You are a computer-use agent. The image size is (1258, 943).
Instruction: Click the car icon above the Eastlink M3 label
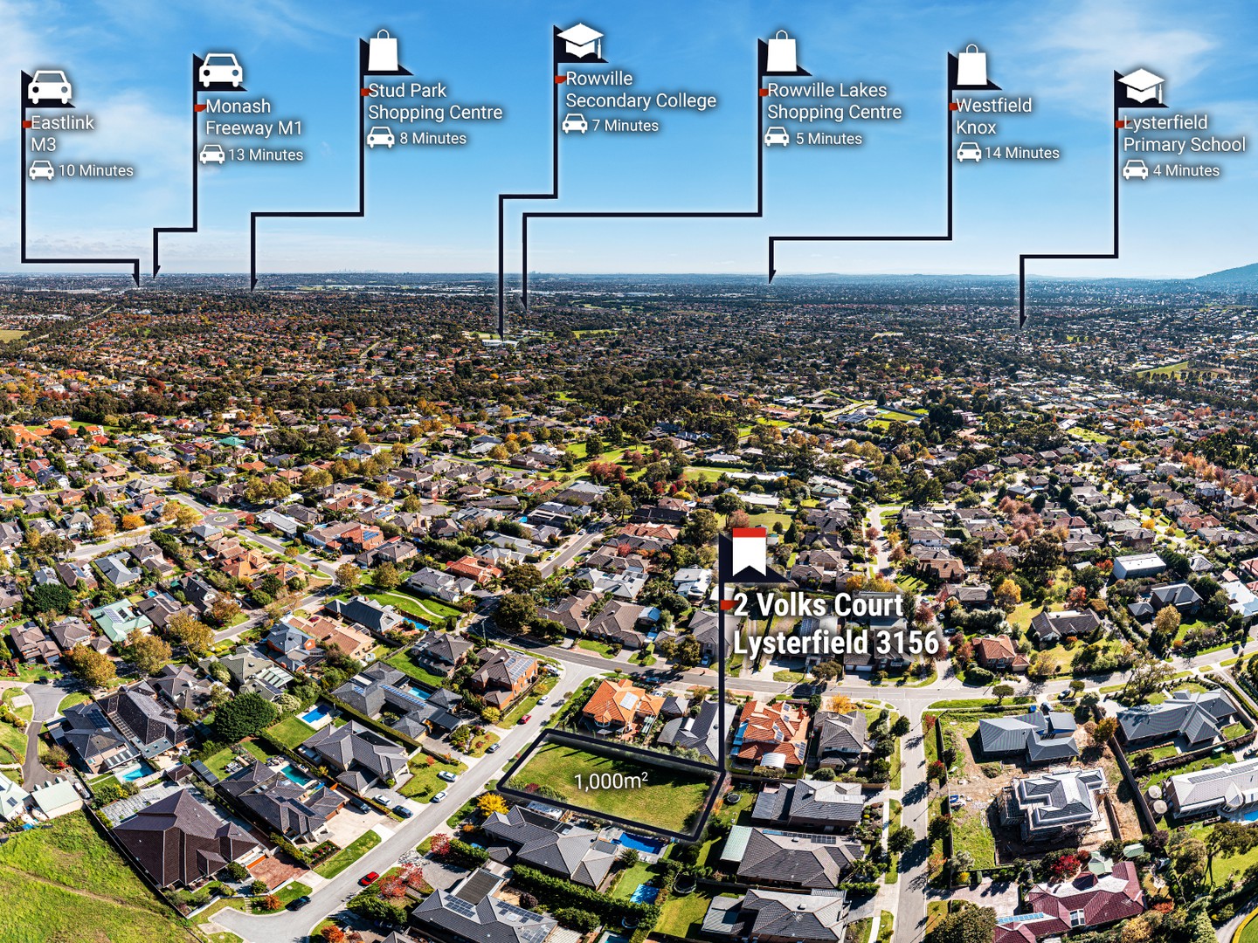click(50, 87)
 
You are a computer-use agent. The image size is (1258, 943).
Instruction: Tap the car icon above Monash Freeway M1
click(221, 70)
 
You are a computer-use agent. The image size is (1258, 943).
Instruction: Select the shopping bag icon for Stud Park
click(384, 51)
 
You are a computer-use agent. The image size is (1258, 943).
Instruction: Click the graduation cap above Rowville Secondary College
click(580, 41)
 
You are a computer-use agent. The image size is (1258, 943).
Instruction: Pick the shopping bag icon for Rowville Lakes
click(782, 52)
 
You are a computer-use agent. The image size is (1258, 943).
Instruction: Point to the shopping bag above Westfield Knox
click(972, 65)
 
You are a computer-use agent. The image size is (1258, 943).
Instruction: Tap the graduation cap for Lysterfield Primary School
click(1141, 86)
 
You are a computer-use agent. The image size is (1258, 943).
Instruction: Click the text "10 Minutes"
click(96, 170)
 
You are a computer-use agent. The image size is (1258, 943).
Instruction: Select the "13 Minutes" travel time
click(266, 155)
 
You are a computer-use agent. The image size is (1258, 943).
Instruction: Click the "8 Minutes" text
click(432, 138)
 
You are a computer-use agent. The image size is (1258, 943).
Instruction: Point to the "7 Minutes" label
click(626, 126)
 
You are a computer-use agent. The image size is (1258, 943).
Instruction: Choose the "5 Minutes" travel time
click(829, 139)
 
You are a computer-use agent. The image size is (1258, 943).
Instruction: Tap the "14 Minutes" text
click(1022, 153)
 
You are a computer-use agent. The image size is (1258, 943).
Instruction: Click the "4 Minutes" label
click(1185, 170)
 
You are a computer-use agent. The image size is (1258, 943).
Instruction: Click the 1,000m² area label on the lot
click(612, 781)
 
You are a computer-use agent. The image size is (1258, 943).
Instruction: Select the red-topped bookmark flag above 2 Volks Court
click(750, 552)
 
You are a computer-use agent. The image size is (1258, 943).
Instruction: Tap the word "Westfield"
click(994, 106)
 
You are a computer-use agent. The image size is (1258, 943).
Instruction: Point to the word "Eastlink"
click(63, 122)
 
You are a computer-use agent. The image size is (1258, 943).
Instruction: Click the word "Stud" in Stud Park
click(387, 91)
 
